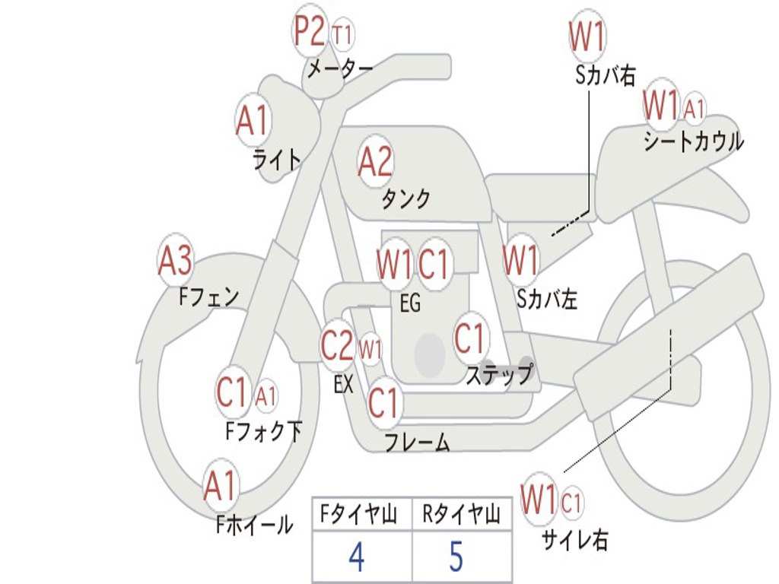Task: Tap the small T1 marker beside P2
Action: (343, 35)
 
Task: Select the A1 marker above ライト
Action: (253, 119)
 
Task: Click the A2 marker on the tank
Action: (375, 160)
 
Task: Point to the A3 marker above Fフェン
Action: (175, 261)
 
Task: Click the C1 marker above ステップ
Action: (469, 338)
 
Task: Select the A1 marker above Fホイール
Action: (221, 486)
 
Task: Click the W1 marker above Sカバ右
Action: (587, 36)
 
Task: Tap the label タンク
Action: (405, 199)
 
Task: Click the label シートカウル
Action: (693, 141)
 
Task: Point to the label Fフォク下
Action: (263, 432)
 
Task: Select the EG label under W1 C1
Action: (410, 303)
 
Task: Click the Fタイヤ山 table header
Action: (361, 516)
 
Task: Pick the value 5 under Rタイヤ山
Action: (456, 557)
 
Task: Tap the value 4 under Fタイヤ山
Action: (355, 557)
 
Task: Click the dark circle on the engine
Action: (430, 354)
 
